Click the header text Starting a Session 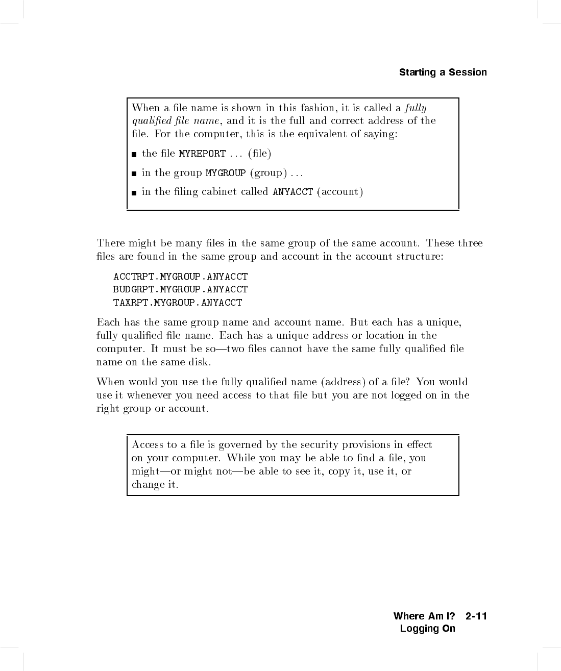click(443, 72)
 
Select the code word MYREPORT click(202, 154)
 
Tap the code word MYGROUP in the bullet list click(225, 173)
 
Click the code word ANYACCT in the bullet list click(292, 192)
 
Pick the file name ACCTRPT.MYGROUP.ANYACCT click(180, 277)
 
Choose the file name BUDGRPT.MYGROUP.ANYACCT click(180, 289)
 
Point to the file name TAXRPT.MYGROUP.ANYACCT click(178, 303)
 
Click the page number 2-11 click(476, 616)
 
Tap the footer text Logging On click(427, 629)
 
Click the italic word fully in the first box click(416, 108)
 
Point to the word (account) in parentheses click(340, 192)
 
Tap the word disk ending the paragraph click(199, 362)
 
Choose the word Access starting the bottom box click(147, 445)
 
